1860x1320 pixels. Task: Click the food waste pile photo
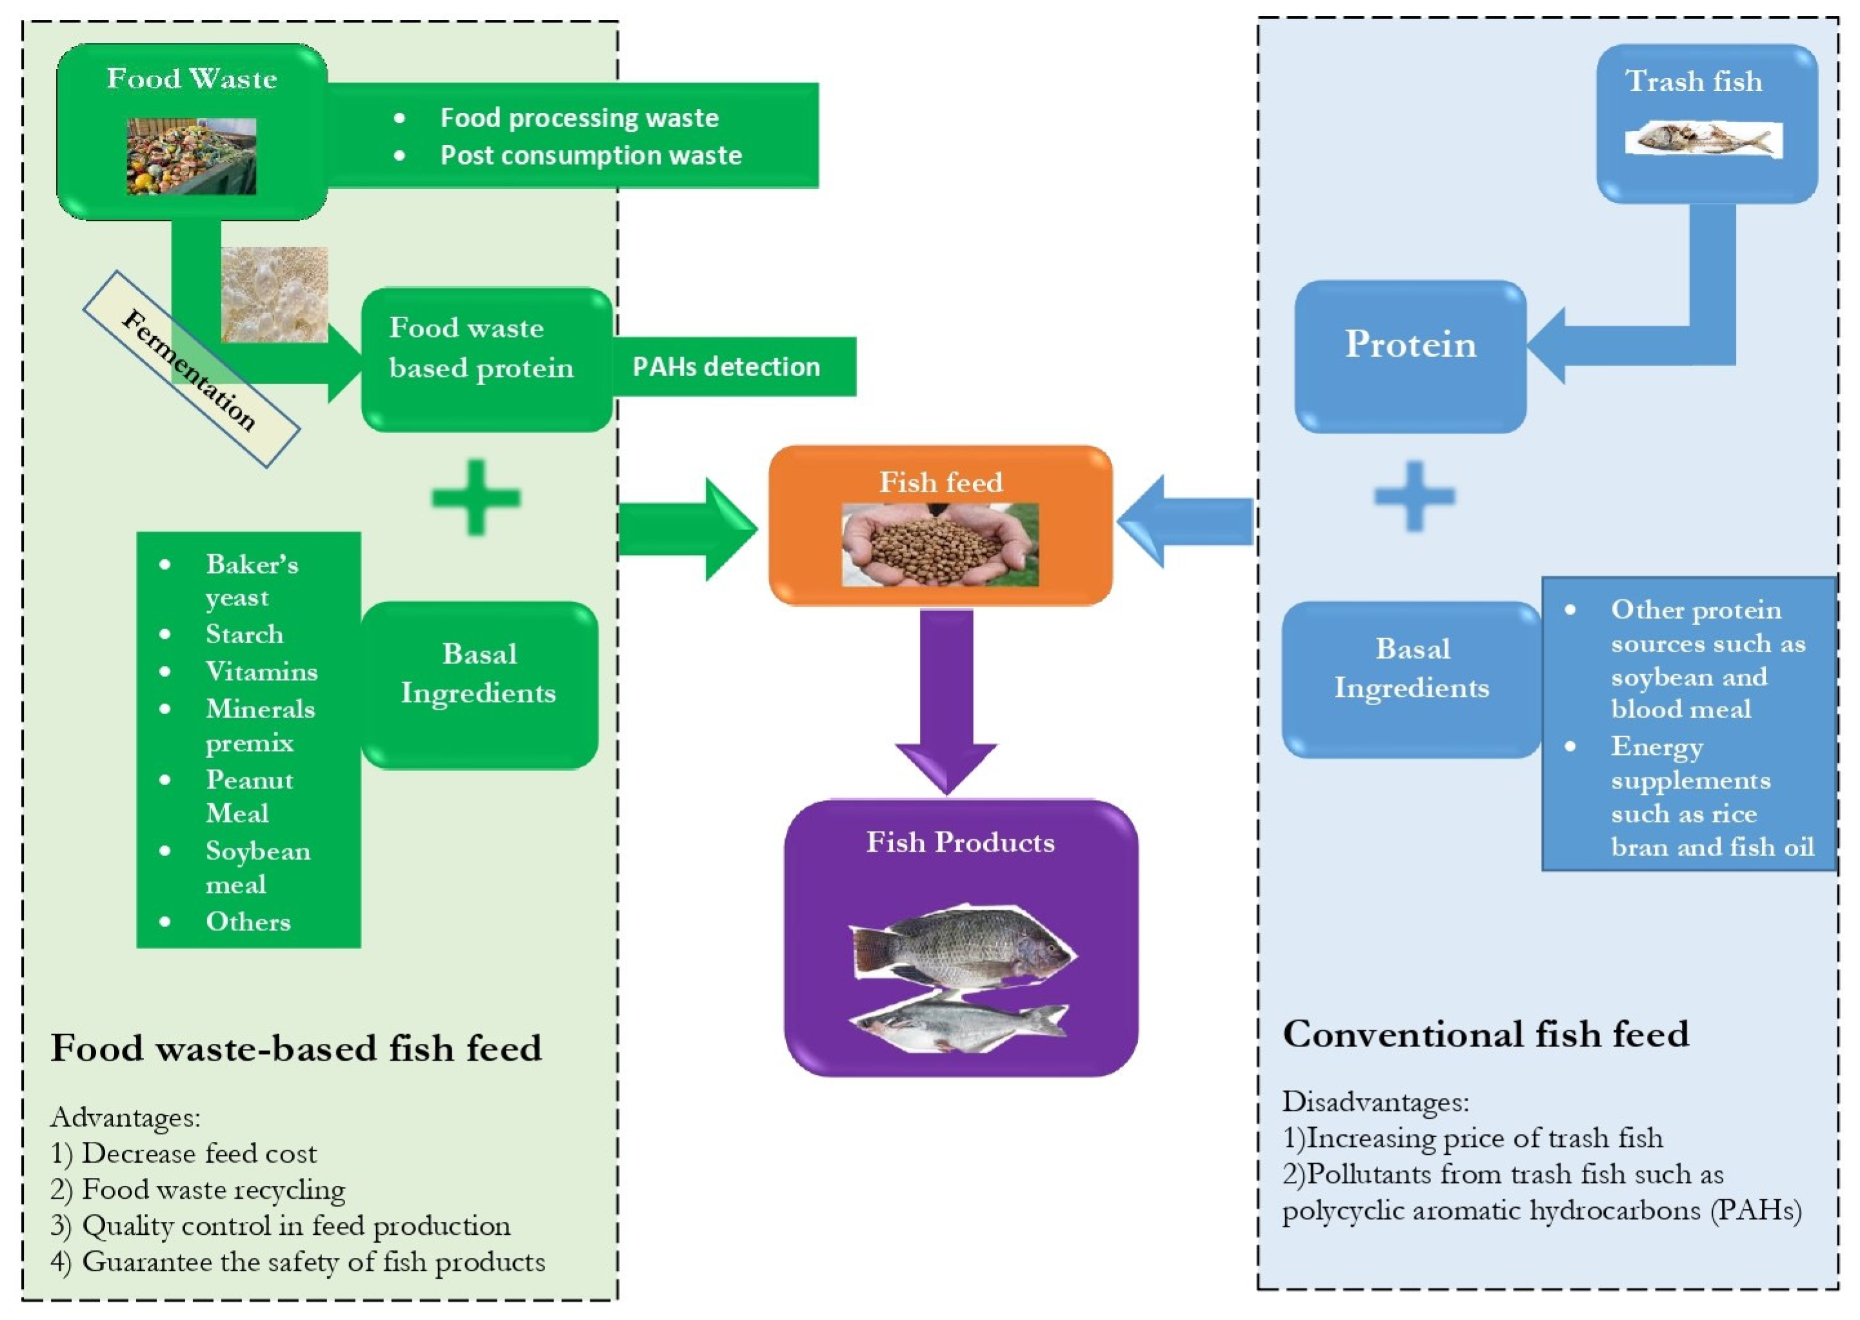(191, 156)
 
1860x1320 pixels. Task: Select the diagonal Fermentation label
(190, 369)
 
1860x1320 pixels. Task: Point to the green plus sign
(475, 497)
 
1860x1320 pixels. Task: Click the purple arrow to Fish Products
(946, 699)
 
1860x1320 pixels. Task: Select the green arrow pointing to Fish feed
(686, 529)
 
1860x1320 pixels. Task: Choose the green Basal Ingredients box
(479, 685)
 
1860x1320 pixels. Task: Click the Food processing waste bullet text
(579, 118)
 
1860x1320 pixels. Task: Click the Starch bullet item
(244, 634)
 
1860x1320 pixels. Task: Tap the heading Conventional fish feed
(1485, 1034)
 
